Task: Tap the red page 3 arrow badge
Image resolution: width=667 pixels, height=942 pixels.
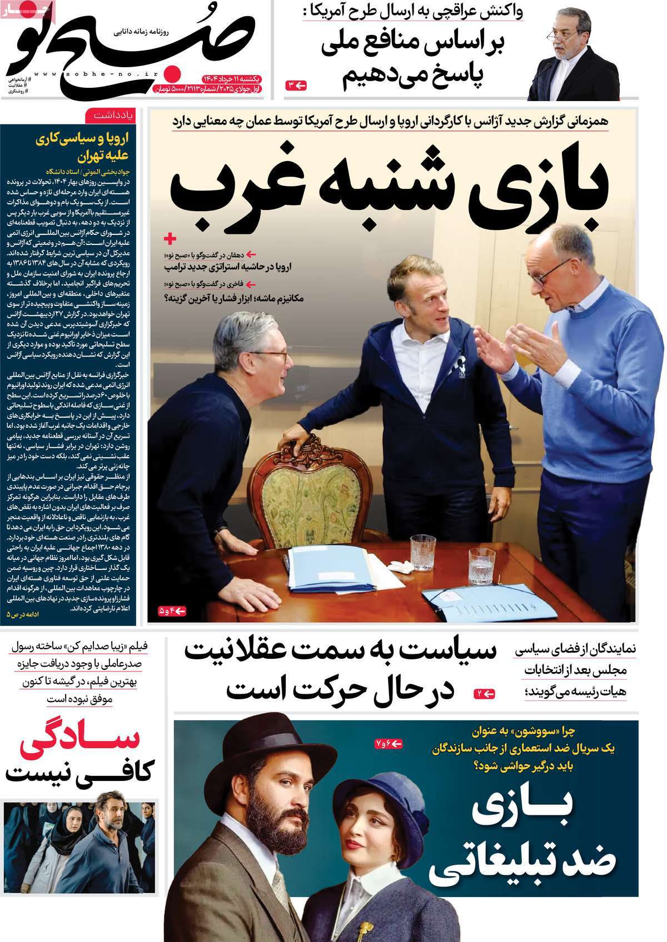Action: coord(296,85)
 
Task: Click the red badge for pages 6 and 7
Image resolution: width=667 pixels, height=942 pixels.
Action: coord(389,743)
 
